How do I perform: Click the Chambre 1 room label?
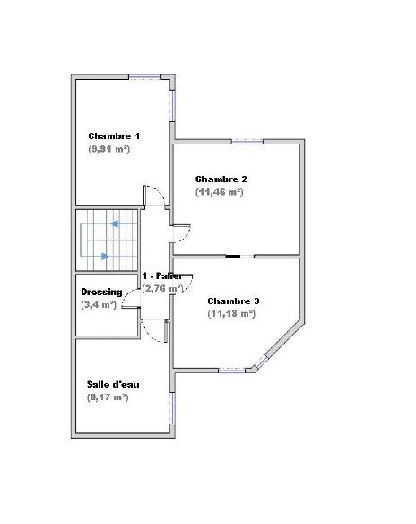pos(114,136)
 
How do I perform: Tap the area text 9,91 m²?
pos(109,149)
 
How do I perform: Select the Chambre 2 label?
pos(221,179)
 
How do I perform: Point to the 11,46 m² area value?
pos(220,192)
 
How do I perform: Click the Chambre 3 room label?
pos(233,301)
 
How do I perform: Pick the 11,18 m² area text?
pos(231,314)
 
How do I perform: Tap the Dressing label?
pos(101,293)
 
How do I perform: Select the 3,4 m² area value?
pos(99,305)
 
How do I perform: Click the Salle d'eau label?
pos(113,384)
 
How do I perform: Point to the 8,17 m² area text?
pos(108,397)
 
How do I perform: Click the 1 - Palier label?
pos(162,276)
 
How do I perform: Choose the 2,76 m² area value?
pos(162,288)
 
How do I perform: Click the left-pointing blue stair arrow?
pos(115,223)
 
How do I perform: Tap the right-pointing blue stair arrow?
pos(105,257)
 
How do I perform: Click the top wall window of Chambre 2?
pos(247,142)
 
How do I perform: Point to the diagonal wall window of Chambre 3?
pos(262,362)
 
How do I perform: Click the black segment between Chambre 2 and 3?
pos(233,257)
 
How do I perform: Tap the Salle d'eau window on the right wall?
pos(173,408)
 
